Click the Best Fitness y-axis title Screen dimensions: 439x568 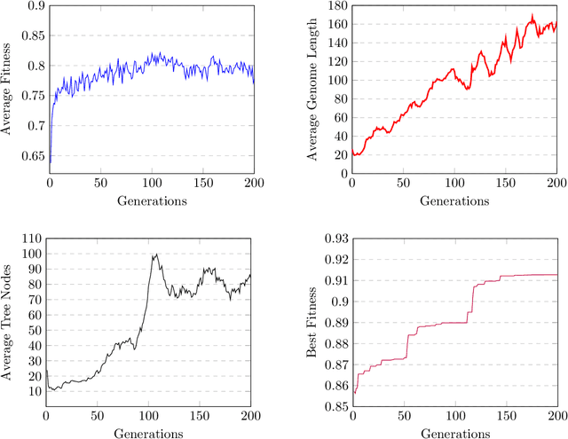point(312,324)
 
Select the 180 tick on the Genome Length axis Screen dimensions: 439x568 point(335,6)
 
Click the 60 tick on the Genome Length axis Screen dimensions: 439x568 point(338,117)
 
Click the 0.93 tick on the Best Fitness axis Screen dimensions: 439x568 point(333,239)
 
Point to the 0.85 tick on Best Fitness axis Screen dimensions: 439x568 point(333,407)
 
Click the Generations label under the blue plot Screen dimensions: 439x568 point(150,200)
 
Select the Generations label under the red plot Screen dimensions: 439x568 point(454,200)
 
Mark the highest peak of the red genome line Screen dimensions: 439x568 point(532,15)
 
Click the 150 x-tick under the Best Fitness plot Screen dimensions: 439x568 point(506,418)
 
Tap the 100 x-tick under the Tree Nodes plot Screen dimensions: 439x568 point(150,418)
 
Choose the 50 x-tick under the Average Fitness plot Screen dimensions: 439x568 point(99,184)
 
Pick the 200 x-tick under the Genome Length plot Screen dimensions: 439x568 point(556,184)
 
